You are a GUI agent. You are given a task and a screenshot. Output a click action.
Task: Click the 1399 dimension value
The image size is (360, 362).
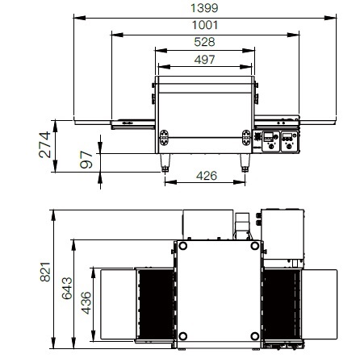pos(204,8)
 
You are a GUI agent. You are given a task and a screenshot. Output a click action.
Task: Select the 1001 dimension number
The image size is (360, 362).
pos(205,25)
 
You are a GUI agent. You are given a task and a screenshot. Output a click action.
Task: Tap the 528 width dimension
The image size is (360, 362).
pos(204,42)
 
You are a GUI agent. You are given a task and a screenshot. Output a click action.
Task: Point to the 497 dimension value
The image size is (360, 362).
pos(204,60)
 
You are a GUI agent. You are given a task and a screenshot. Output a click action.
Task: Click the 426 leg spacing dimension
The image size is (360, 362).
pos(207,176)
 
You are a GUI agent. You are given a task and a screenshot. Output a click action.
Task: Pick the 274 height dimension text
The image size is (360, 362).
pos(44,144)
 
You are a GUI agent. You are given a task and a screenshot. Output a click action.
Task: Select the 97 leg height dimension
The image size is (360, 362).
pos(86,160)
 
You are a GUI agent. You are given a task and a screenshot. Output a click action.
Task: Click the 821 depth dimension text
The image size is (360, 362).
pos(45,272)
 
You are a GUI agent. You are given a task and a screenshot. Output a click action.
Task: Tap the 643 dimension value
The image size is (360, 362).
pos(67,289)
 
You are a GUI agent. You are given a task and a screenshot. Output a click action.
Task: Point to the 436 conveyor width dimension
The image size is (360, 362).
pos(86,303)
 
